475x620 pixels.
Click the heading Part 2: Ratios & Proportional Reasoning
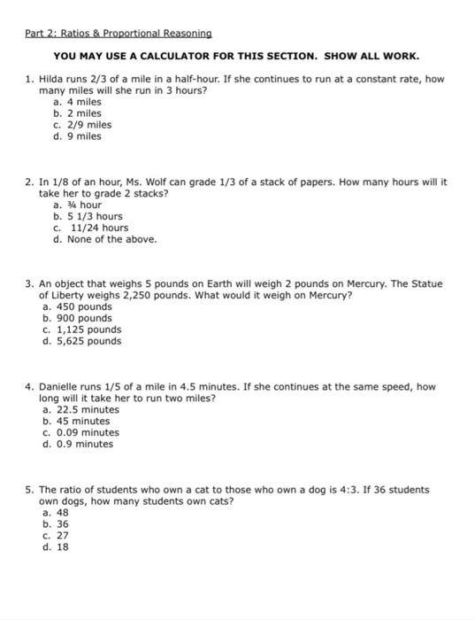[118, 33]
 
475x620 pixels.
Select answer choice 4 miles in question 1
[78, 102]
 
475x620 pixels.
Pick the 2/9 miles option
[82, 125]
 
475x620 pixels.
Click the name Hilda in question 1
[52, 79]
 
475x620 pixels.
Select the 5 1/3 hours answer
[88, 216]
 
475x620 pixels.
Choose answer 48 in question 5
[62, 513]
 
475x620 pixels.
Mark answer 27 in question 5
[62, 535]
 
